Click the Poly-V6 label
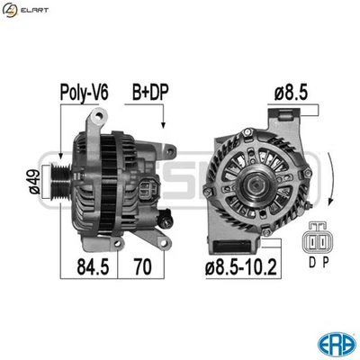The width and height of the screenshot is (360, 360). [85, 92]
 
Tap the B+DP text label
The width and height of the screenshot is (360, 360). [150, 92]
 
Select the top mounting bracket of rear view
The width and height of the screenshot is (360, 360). [285, 121]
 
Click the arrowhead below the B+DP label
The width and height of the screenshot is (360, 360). [163, 127]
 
